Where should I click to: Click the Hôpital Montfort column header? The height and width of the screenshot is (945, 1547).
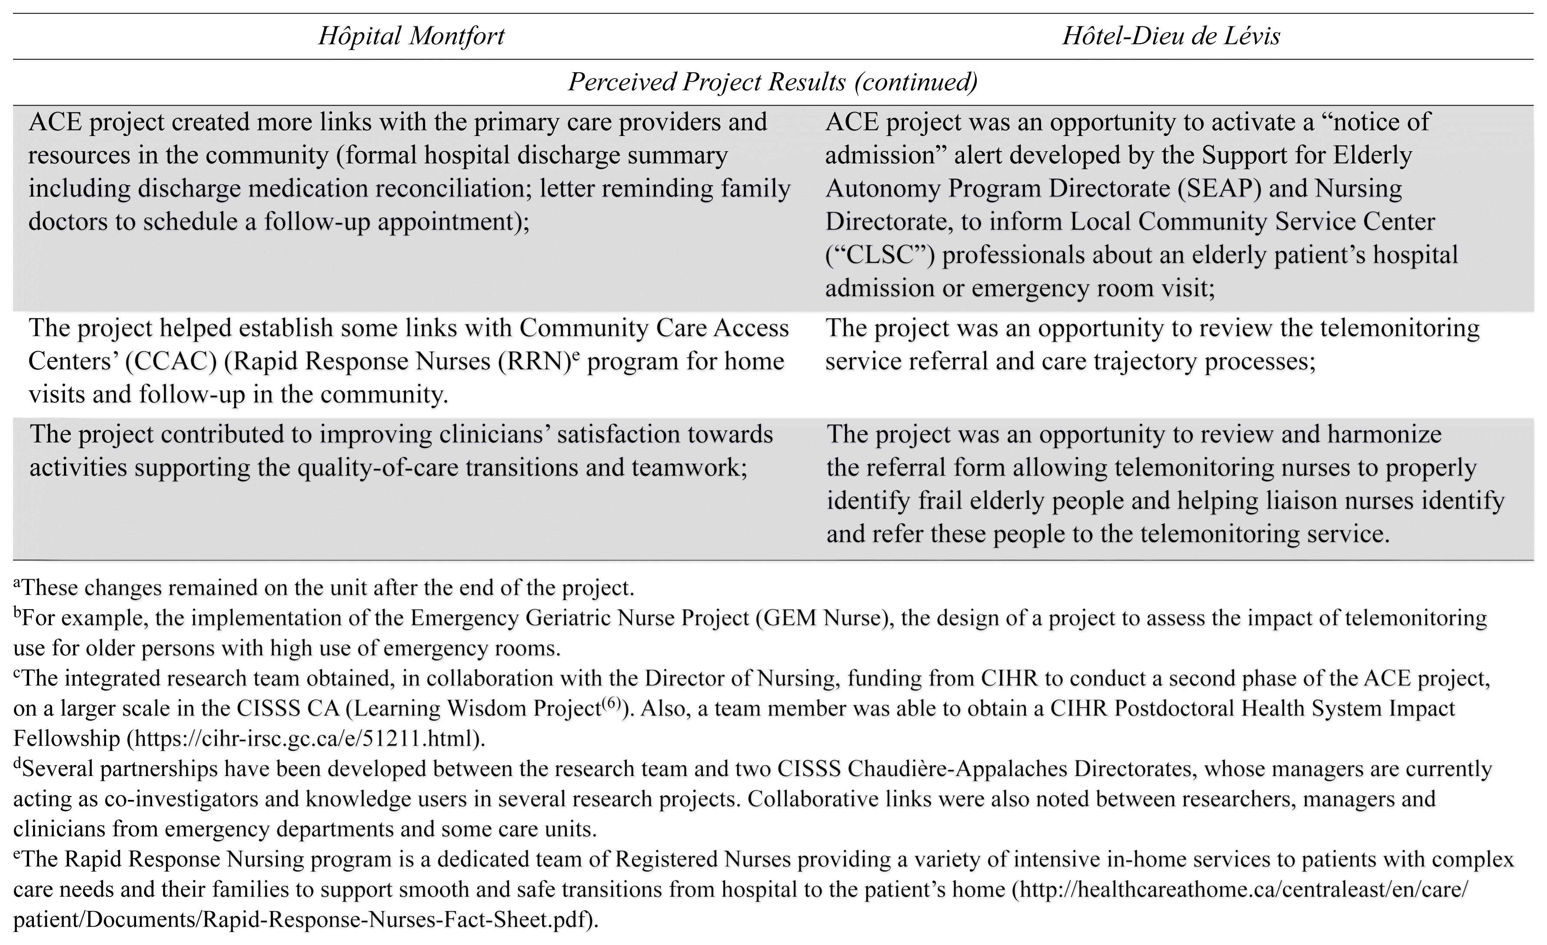tap(411, 36)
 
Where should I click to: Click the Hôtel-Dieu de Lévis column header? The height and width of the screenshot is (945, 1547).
tap(1171, 36)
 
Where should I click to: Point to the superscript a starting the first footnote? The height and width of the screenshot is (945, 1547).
tap(17, 584)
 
